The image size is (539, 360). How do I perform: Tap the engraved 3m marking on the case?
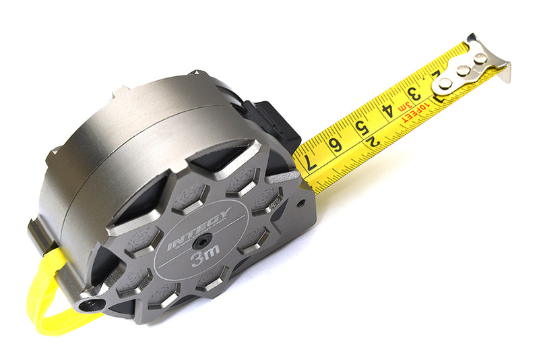[205, 257]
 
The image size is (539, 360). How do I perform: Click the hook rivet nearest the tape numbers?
[445, 84]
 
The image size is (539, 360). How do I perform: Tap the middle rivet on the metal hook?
[462, 70]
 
